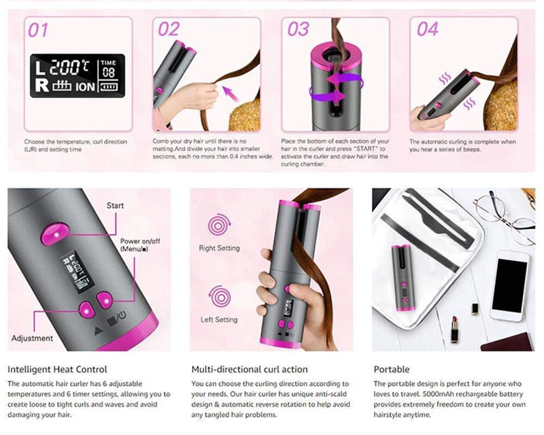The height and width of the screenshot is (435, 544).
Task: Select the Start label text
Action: click(116, 205)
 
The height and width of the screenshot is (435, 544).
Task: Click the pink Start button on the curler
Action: click(52, 234)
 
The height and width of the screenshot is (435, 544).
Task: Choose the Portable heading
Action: click(392, 369)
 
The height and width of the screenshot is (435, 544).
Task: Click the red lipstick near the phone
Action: click(453, 330)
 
